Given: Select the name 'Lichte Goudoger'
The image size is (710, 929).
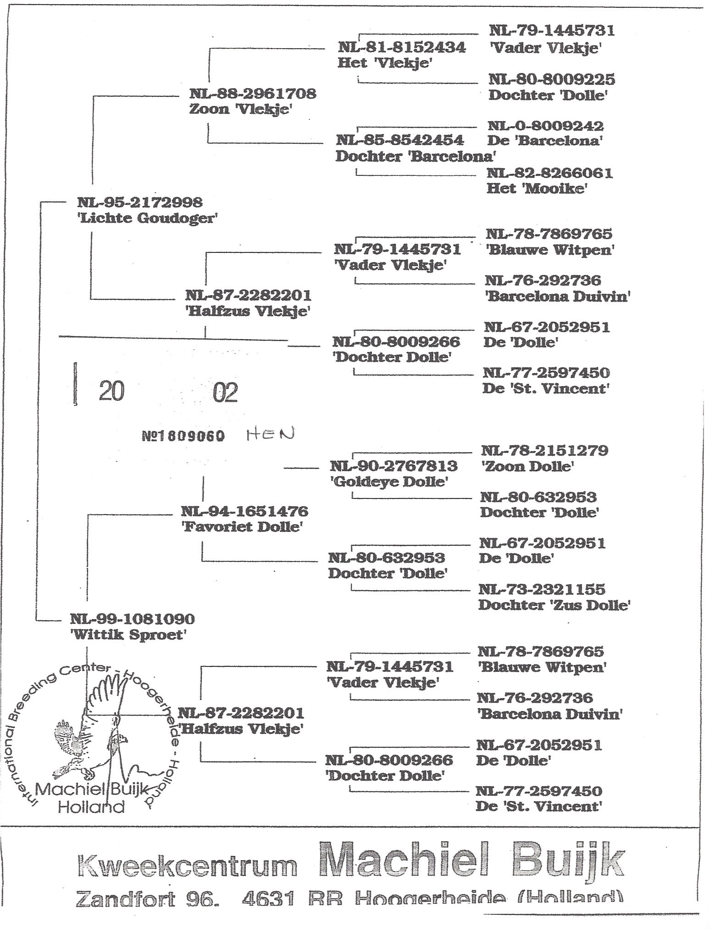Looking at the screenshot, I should point(146,218).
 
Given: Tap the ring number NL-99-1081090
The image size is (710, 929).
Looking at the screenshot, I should point(132,619).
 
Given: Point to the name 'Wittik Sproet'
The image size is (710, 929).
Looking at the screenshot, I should point(128,635).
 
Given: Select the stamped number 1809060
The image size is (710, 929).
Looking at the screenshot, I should point(183,437).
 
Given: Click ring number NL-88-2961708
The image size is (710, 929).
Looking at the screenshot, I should point(253,94).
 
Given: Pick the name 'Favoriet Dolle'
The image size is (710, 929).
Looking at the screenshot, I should point(242,526).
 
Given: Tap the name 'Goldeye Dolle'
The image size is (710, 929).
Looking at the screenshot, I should point(388,482).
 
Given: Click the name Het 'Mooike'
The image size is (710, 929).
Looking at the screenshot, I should point(537,189).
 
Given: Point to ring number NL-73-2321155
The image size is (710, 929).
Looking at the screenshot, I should point(542,589).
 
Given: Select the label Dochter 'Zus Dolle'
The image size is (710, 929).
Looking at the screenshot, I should point(554,605).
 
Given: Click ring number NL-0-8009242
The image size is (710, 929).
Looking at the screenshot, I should point(545,126).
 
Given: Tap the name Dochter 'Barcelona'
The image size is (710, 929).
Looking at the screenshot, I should point(416,157).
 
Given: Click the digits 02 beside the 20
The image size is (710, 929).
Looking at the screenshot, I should point(225,393).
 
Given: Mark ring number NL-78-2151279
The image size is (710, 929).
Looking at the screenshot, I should point(544,450).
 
